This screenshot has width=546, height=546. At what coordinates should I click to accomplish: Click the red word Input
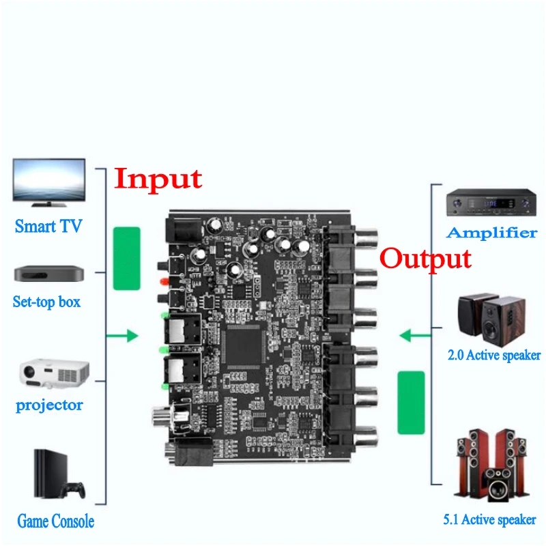point(158,178)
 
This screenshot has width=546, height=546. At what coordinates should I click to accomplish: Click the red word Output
point(425,259)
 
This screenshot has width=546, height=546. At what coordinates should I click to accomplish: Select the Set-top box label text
point(46,301)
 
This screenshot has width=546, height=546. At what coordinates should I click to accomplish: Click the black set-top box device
point(49,274)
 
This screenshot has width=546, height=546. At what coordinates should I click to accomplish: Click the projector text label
point(49,405)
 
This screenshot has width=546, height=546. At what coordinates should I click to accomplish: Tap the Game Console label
point(55,522)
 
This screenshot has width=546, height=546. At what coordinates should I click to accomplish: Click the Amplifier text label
point(491,233)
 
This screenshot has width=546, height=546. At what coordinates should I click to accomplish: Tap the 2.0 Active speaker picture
point(489,319)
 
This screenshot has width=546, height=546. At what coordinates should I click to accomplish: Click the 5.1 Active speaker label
point(489,520)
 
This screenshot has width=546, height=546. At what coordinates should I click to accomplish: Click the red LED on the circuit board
point(162,282)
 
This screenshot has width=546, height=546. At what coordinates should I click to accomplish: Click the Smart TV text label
point(48,227)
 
